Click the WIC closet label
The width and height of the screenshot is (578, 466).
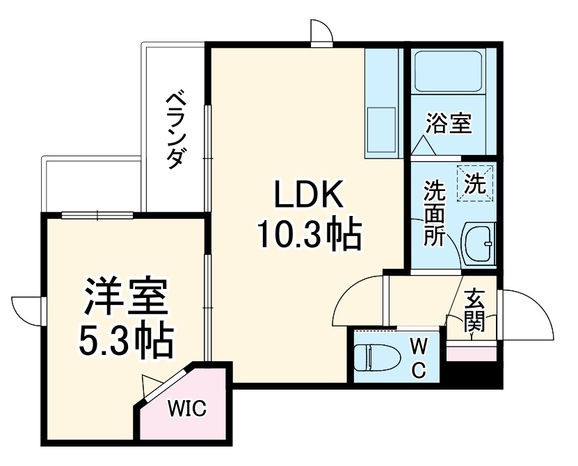(x=186, y=408)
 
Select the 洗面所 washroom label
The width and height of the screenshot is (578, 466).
(x=435, y=211)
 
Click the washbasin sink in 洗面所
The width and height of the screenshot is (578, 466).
(x=479, y=244)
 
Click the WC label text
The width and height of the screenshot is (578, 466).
(x=419, y=357)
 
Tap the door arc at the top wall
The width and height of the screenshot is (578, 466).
(x=321, y=32)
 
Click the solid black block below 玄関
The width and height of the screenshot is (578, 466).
(x=473, y=374)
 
